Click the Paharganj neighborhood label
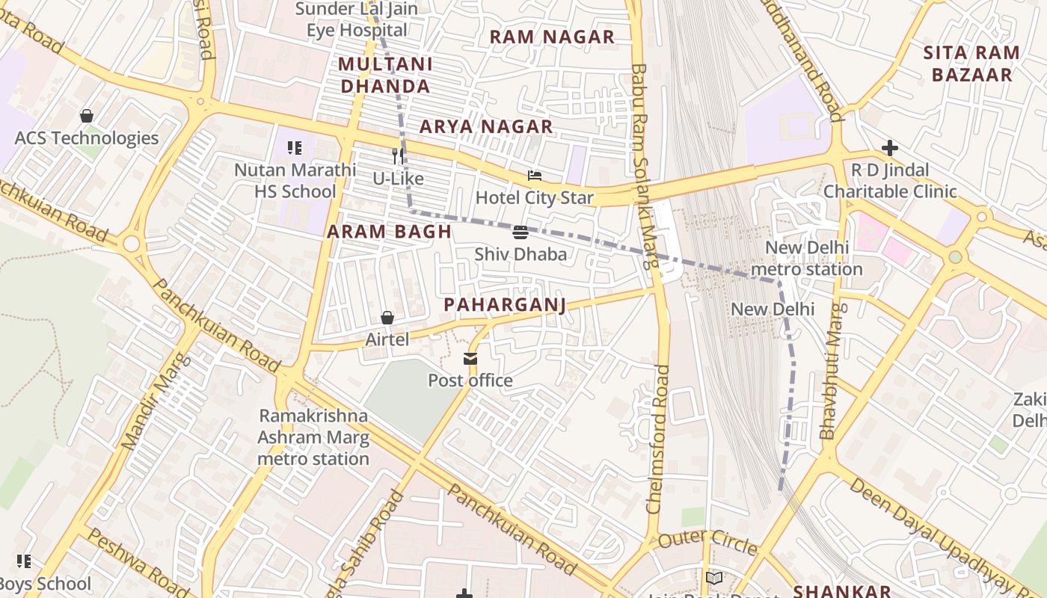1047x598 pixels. click(x=504, y=305)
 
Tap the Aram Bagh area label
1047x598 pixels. click(x=389, y=232)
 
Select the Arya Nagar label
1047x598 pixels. click(x=486, y=126)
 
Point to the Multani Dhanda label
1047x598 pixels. click(x=385, y=75)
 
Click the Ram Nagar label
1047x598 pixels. click(x=552, y=37)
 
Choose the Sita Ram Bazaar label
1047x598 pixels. click(x=971, y=64)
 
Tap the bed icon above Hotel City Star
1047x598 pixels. click(x=535, y=176)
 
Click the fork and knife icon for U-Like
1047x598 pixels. click(x=398, y=156)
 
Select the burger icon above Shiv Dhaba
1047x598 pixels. click(x=521, y=232)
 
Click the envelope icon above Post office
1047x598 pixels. click(x=470, y=359)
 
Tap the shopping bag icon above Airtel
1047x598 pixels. click(x=387, y=318)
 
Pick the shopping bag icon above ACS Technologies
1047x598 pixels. click(x=87, y=116)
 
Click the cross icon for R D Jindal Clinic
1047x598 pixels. click(x=889, y=148)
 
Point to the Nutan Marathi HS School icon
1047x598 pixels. click(x=295, y=148)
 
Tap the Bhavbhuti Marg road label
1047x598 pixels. click(x=832, y=371)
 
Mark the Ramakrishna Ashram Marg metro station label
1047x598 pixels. click(x=313, y=437)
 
